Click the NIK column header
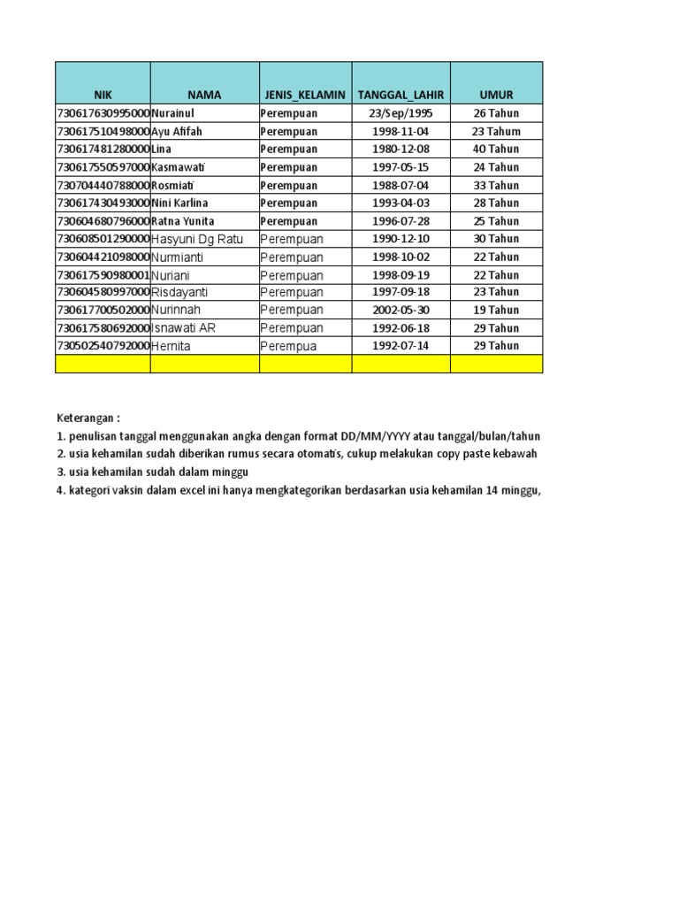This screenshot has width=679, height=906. pyautogui.click(x=103, y=95)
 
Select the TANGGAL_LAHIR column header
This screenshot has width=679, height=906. pyautogui.click(x=401, y=95)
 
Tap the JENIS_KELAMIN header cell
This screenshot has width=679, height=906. pyautogui.click(x=305, y=95)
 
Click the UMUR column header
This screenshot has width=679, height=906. pyautogui.click(x=496, y=95)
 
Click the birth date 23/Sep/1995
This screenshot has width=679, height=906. pyautogui.click(x=401, y=113)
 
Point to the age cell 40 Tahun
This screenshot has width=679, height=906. pyautogui.click(x=496, y=149)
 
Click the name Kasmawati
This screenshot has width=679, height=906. pyautogui.click(x=180, y=167)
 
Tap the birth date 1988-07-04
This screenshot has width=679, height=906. pyautogui.click(x=401, y=185)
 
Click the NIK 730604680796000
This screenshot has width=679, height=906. pyautogui.click(x=103, y=221)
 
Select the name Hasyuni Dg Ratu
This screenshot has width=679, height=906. pyautogui.click(x=196, y=239)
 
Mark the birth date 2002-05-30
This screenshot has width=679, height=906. pyautogui.click(x=401, y=310)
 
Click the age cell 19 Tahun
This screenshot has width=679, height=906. pyautogui.click(x=496, y=310)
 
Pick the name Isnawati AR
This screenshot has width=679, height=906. pyautogui.click(x=183, y=327)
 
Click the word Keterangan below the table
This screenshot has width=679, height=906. pyautogui.click(x=88, y=418)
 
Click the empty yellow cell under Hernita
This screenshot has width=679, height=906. pyautogui.click(x=204, y=364)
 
